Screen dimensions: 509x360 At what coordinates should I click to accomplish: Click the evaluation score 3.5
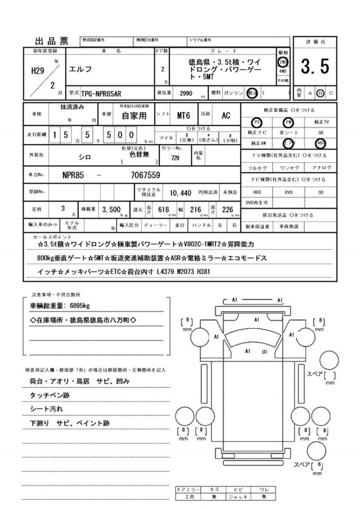click(315, 67)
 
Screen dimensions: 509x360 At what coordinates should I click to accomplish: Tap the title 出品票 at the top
click(52, 40)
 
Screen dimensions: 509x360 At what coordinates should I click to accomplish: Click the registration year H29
click(38, 71)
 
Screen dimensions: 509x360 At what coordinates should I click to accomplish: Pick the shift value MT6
click(183, 116)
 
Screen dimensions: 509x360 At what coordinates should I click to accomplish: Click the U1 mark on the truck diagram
click(264, 352)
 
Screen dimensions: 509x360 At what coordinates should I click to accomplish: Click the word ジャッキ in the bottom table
click(238, 497)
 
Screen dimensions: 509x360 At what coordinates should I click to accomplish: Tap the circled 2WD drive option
click(283, 62)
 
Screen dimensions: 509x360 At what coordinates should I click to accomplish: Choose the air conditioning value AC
click(225, 116)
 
